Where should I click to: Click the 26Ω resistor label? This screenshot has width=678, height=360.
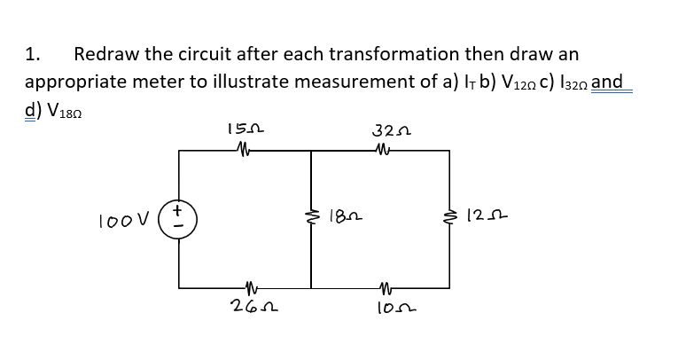240,308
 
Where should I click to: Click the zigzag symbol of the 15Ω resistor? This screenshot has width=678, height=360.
240,150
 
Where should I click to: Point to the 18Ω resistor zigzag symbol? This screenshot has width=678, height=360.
310,215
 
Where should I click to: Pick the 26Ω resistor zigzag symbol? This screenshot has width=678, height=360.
240,287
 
